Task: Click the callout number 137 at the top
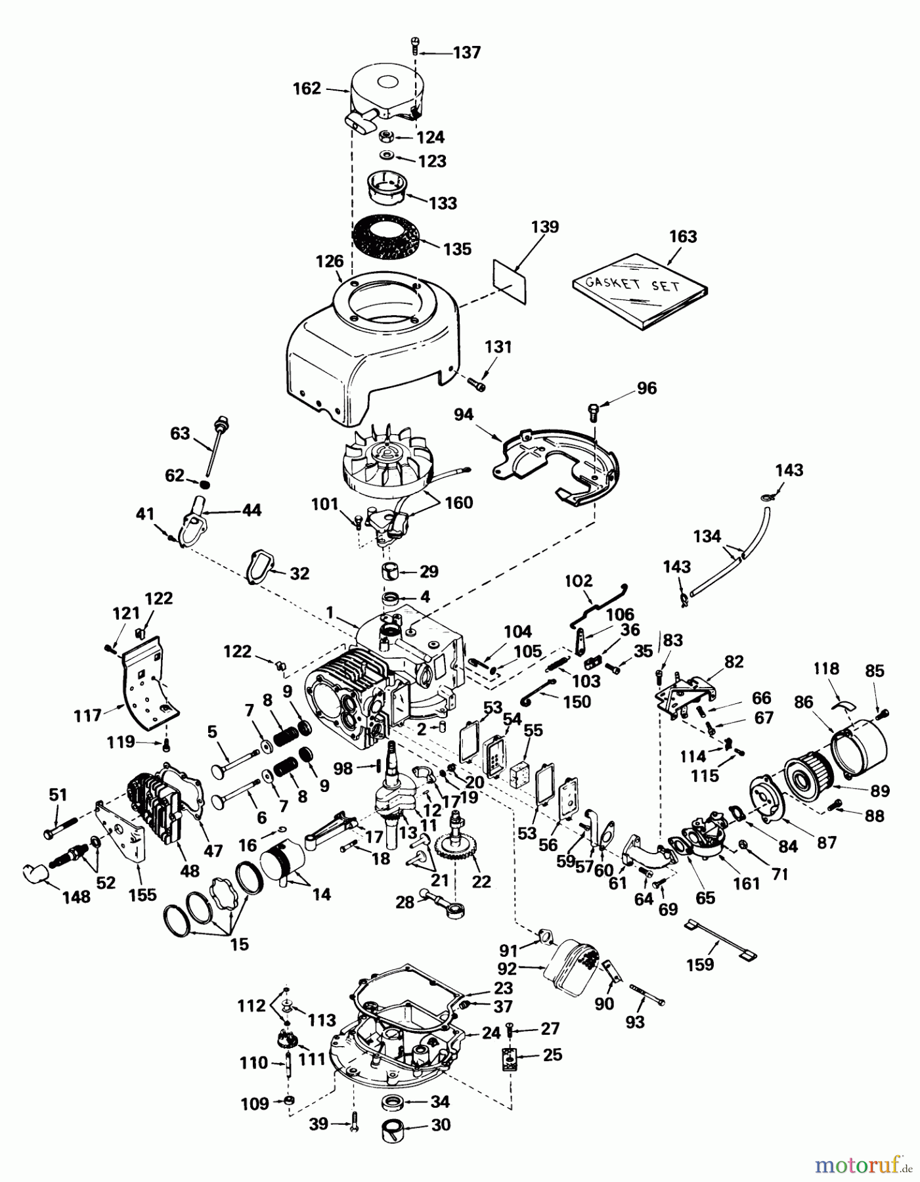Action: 467,53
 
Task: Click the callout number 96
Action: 647,388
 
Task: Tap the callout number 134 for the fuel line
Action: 707,536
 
